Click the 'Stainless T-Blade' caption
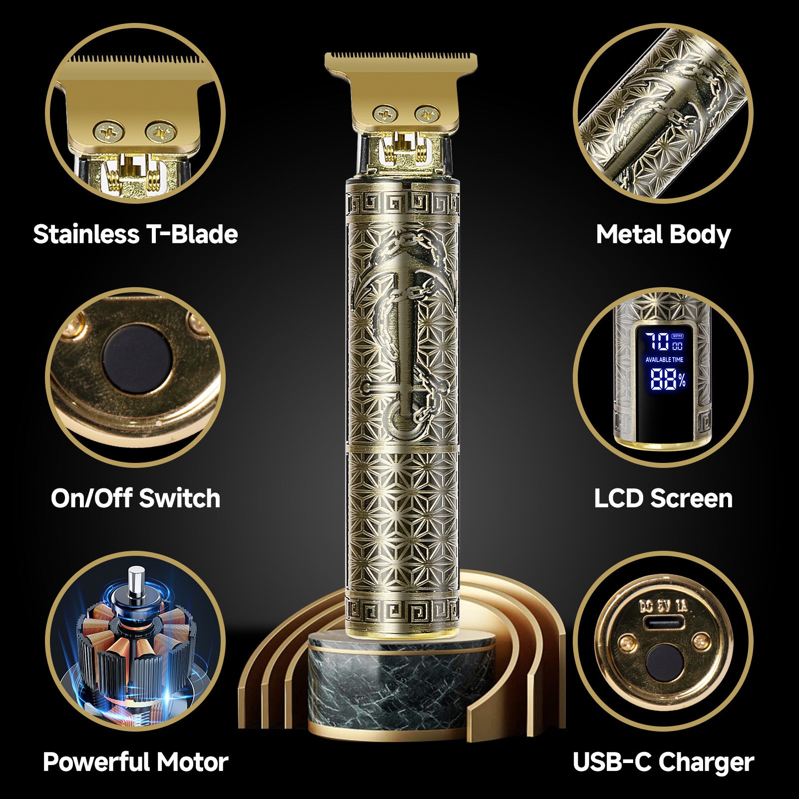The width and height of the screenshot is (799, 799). (135, 234)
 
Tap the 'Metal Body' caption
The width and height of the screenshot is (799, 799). (663, 234)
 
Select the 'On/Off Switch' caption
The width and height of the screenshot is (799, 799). (135, 498)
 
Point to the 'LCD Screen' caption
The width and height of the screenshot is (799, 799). (663, 498)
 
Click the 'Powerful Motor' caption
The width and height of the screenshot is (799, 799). (135, 762)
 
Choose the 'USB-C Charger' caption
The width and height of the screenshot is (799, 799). (663, 762)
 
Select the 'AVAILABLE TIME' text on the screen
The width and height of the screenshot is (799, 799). (664, 360)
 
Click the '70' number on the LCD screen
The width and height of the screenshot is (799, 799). (656, 342)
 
